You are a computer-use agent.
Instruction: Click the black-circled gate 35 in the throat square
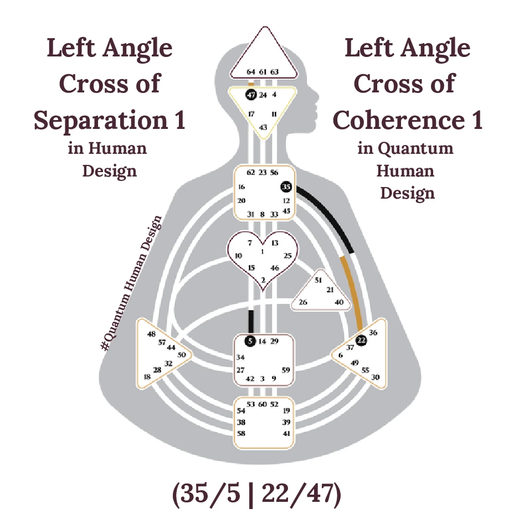[x=286, y=187]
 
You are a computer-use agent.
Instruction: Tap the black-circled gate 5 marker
[x=250, y=341]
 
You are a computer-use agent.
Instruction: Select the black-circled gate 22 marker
[x=361, y=341]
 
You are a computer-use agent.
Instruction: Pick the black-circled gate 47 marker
[x=251, y=95]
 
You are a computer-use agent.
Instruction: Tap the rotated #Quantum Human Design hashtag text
[x=133, y=282]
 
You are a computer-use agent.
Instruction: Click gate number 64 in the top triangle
[x=251, y=72]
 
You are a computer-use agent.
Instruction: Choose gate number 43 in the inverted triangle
[x=263, y=128]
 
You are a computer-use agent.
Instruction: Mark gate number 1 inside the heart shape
[x=263, y=252]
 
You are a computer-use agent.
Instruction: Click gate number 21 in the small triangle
[x=330, y=290]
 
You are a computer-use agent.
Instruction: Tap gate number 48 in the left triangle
[x=151, y=334]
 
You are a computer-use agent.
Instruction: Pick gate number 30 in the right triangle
[x=376, y=377]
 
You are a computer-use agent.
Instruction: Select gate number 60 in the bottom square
[x=263, y=404]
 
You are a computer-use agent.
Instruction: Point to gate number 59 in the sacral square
[x=286, y=370]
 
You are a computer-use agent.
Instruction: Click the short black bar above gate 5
[x=251, y=321]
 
